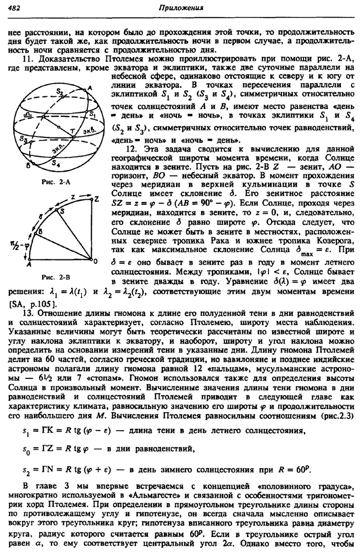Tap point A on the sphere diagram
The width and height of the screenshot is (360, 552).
tap(91, 87)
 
